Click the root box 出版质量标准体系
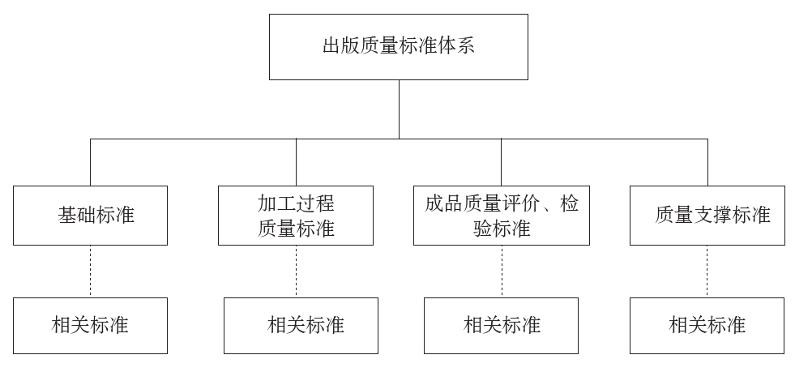[398, 46]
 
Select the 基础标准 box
[90, 216]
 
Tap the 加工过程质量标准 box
[296, 216]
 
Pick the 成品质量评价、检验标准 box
[501, 216]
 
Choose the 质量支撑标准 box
[707, 216]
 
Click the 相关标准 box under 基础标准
[90, 326]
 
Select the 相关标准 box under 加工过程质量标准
[301, 326]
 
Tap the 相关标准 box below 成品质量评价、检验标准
[501, 326]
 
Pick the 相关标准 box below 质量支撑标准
[707, 326]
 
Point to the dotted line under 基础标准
[90, 272]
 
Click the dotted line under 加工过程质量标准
[296, 272]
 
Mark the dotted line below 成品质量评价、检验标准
[501, 272]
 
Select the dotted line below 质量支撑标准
[707, 272]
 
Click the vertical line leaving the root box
[398, 109]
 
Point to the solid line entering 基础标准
[90, 162]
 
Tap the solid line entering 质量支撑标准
[707, 162]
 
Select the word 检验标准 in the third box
[501, 229]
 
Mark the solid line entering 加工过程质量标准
[296, 162]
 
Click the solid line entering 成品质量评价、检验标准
[501, 162]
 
